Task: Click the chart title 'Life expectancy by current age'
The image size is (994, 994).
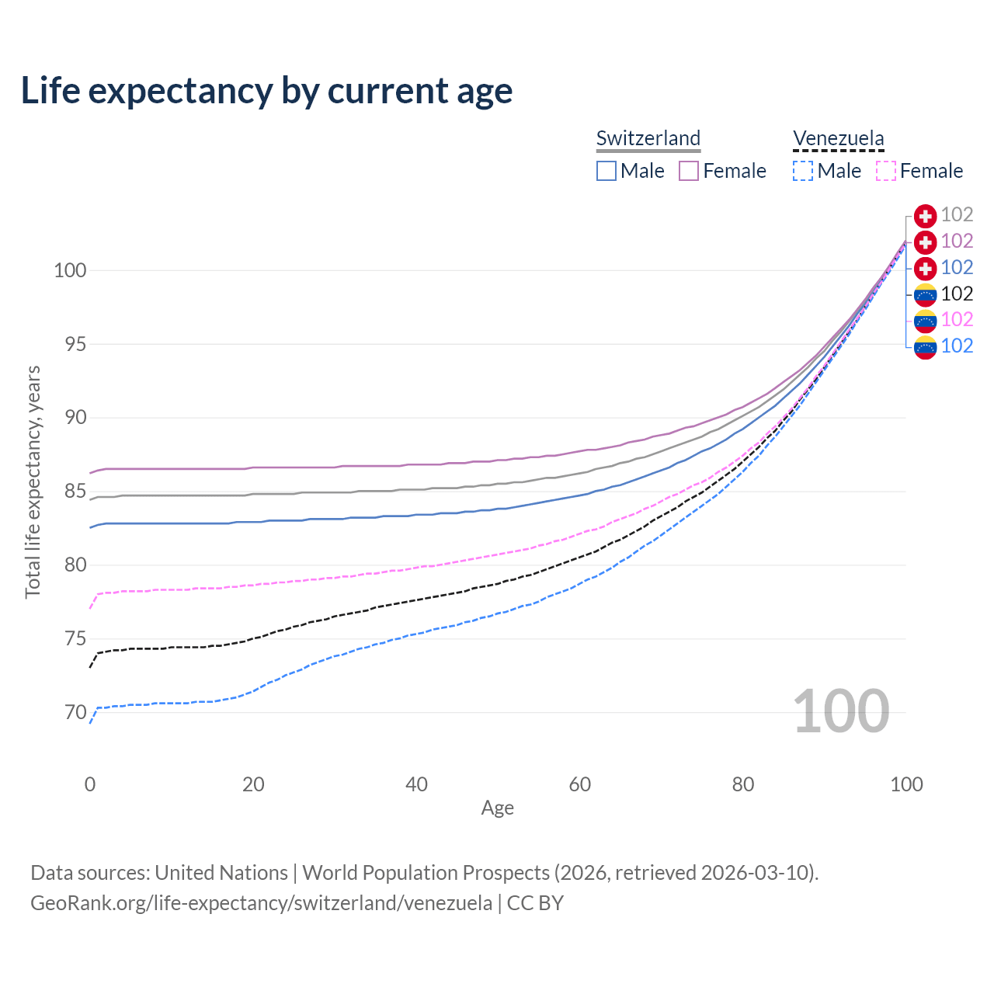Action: pos(266,91)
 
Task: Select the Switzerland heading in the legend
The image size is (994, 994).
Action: pos(648,138)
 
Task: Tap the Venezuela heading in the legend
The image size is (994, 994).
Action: pos(838,138)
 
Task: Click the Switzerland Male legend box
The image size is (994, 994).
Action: pos(606,171)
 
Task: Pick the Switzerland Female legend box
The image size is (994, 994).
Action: pos(689,171)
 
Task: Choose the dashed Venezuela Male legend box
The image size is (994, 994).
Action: pos(803,171)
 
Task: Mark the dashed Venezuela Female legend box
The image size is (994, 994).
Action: pos(886,171)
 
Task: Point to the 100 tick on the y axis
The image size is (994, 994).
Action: pos(69,271)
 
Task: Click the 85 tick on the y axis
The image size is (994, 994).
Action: pos(75,492)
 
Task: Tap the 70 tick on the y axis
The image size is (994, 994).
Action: pos(75,712)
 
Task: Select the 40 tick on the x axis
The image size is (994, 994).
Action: pos(416,784)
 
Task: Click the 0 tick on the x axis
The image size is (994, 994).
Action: pos(90,784)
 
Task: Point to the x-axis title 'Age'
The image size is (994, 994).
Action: pos(497,808)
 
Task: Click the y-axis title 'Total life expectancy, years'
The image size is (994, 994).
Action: pos(33,482)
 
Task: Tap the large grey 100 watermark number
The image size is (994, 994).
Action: pos(841,711)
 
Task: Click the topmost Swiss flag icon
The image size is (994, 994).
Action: pos(925,215)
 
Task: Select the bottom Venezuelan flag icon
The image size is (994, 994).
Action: pos(925,346)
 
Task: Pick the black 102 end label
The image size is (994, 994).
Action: pos(957,294)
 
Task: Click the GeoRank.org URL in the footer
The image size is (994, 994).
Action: pos(261,903)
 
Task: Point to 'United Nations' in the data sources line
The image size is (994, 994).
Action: pos(221,873)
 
